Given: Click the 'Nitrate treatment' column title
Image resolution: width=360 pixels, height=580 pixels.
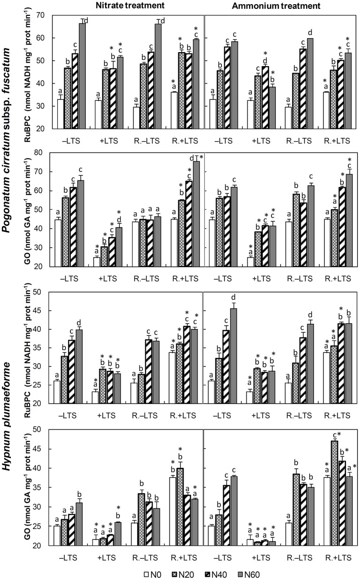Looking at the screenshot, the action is (x=130, y=6).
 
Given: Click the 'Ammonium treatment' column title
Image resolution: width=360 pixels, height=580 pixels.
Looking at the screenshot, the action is (x=276, y=6).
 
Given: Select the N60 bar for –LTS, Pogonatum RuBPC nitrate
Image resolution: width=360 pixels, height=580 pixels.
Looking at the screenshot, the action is (x=82, y=76).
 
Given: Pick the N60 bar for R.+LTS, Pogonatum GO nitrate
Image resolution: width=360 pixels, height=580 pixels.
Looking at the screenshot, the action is (x=197, y=214).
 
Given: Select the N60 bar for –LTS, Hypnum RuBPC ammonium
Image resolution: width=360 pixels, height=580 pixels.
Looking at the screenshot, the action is (x=233, y=356).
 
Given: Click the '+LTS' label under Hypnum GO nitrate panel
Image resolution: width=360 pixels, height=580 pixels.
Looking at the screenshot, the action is (x=107, y=557).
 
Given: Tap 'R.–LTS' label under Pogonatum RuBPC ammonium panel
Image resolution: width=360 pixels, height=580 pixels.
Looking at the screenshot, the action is (x=299, y=141).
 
